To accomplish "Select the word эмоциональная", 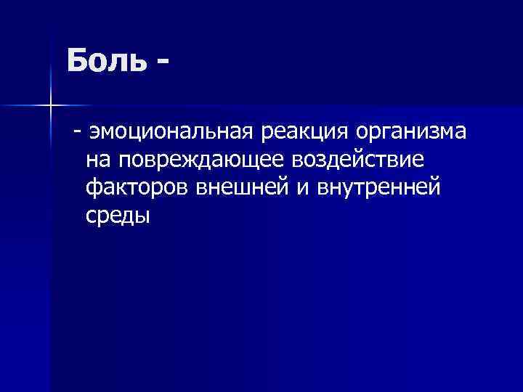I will tap(171, 133).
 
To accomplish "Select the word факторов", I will tap(137, 187).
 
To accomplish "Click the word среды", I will tap(118, 215).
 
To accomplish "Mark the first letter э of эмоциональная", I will tap(92, 133).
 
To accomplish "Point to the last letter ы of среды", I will tap(142, 215).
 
